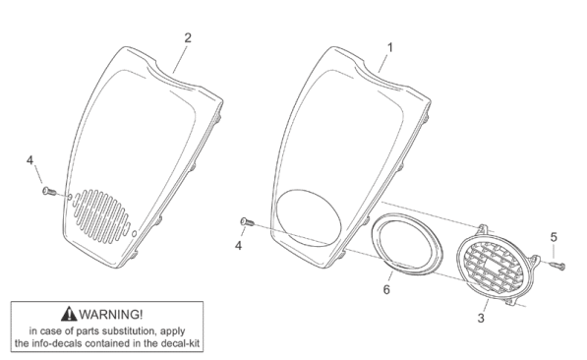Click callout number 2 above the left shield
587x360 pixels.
click(188, 37)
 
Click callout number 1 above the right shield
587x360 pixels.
click(389, 47)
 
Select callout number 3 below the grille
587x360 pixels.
click(481, 318)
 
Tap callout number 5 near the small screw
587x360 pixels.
click(554, 237)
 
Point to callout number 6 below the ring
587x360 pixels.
click(386, 289)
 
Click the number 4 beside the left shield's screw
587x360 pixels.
click(29, 160)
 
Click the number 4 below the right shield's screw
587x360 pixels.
click(239, 246)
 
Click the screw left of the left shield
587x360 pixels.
click(49, 192)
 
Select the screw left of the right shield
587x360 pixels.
click(247, 222)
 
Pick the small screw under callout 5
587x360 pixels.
click(558, 266)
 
